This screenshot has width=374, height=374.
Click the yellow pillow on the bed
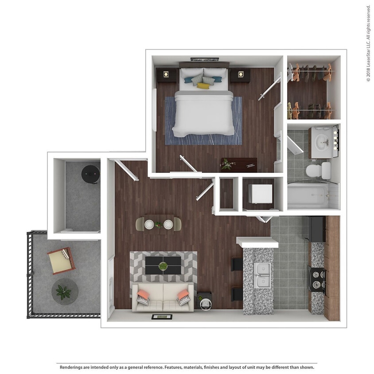[x=203, y=86]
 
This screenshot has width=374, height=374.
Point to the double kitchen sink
[x=262, y=275]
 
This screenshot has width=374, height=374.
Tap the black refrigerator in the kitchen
[x=317, y=229]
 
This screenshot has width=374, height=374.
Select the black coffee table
[x=163, y=265]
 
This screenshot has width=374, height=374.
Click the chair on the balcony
[x=61, y=261]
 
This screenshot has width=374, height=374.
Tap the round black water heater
[x=91, y=174]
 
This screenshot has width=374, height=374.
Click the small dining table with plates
[x=158, y=222]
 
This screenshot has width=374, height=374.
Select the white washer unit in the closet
[x=260, y=194]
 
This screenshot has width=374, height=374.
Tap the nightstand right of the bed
[x=240, y=75]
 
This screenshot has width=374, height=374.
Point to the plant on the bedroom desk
[x=228, y=164]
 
